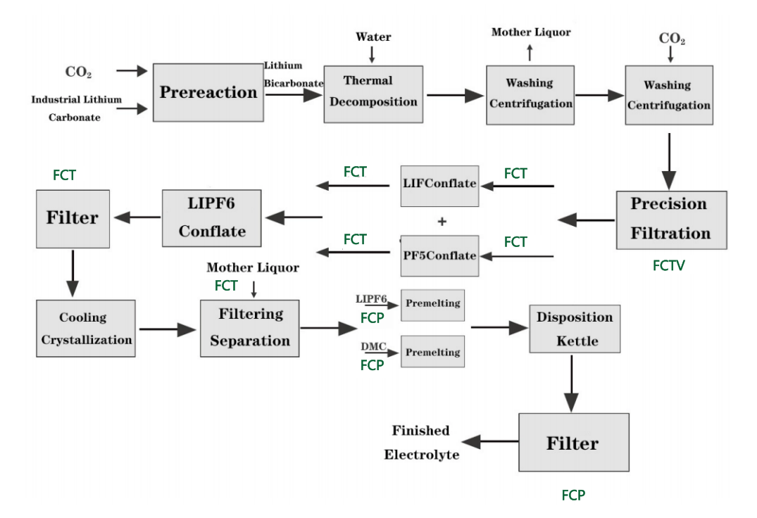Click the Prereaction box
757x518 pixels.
(x=208, y=92)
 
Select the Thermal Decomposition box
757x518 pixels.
(x=373, y=91)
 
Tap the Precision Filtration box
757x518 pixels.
(x=670, y=219)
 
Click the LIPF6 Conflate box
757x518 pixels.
(x=211, y=217)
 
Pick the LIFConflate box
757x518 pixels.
(x=439, y=184)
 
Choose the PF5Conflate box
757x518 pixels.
(x=439, y=255)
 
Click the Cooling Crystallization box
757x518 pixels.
(x=86, y=328)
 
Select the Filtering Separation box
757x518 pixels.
(x=249, y=327)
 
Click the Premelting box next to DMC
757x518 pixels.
(x=432, y=352)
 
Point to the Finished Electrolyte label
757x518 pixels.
(x=421, y=443)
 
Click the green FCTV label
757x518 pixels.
(x=668, y=266)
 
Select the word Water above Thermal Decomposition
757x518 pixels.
(x=373, y=37)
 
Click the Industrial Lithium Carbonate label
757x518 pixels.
(x=75, y=108)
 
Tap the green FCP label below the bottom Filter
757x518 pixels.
(x=573, y=495)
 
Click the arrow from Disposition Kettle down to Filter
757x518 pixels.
(x=571, y=384)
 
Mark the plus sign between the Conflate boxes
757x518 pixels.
(x=442, y=221)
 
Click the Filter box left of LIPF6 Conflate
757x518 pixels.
(x=73, y=217)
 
